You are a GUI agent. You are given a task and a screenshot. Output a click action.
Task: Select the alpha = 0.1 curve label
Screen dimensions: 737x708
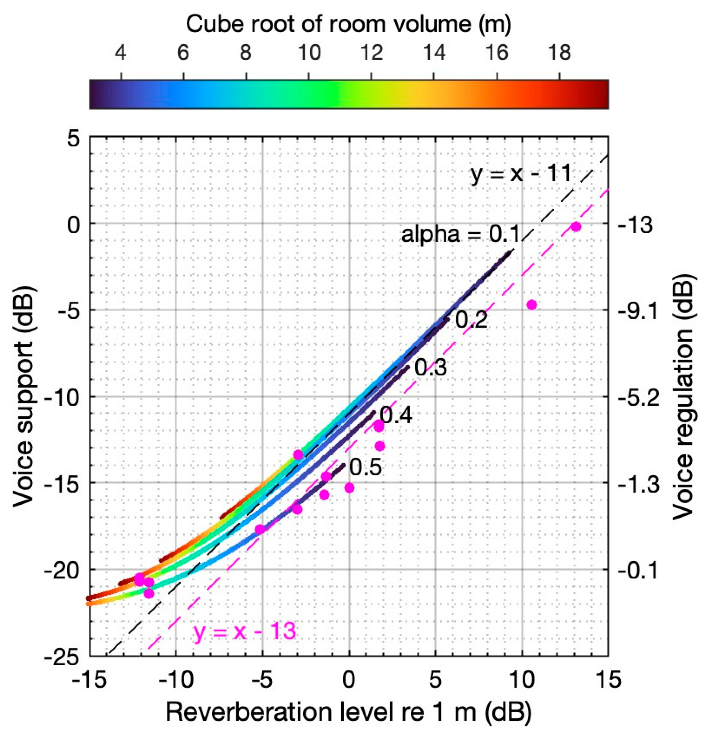click(460, 234)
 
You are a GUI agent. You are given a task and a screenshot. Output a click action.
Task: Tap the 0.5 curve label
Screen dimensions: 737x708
click(365, 468)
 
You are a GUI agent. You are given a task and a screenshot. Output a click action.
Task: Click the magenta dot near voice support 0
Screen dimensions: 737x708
click(576, 226)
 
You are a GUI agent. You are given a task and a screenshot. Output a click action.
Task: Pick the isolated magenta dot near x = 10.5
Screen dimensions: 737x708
click(532, 305)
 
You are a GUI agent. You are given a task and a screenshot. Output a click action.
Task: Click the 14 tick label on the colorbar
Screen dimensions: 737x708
click(435, 53)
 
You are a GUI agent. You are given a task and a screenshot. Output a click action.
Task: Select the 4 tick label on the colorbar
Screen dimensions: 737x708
click(120, 53)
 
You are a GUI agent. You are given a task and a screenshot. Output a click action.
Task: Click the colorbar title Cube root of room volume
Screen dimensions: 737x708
click(348, 24)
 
